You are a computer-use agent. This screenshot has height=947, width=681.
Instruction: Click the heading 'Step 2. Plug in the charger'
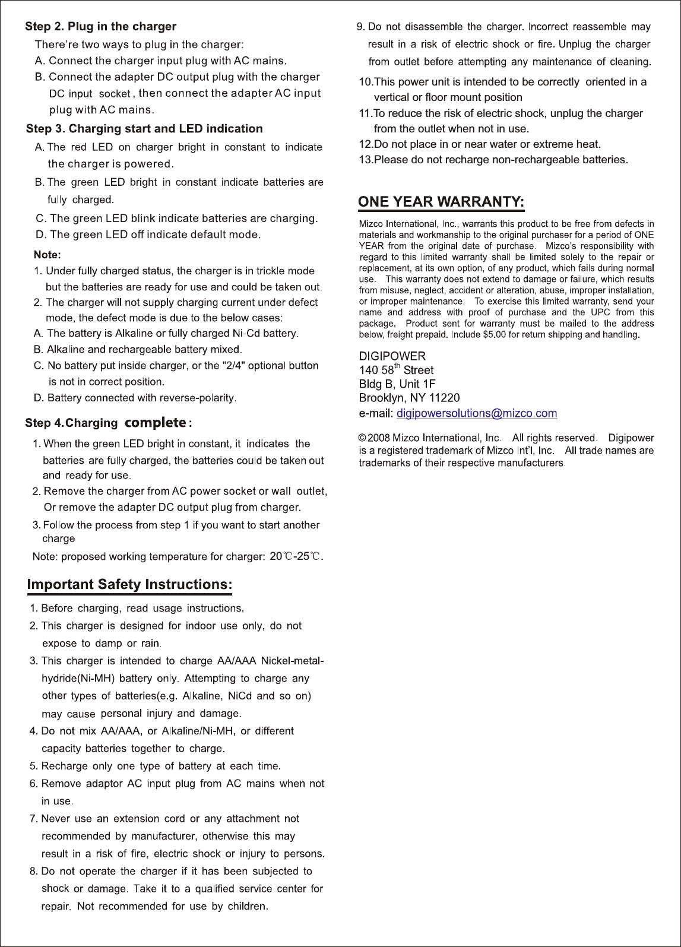(100, 27)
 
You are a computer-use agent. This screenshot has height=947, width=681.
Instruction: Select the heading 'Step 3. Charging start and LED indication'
(144, 129)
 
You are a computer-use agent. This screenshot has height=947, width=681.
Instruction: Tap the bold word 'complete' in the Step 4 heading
(154, 423)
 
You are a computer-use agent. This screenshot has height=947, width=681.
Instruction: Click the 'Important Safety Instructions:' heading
(129, 584)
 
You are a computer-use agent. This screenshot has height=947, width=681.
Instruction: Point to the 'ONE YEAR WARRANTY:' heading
(441, 201)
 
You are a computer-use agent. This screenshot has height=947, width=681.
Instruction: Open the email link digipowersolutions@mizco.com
(476, 413)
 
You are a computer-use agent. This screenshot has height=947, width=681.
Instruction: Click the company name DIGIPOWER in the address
(392, 356)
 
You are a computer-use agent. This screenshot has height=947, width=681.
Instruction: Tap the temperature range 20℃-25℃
(295, 556)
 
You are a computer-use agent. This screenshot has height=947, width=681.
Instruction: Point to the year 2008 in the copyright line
(379, 438)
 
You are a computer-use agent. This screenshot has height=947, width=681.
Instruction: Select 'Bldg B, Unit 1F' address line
(397, 384)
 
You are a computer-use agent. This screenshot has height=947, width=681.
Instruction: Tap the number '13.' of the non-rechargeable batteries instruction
(366, 160)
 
